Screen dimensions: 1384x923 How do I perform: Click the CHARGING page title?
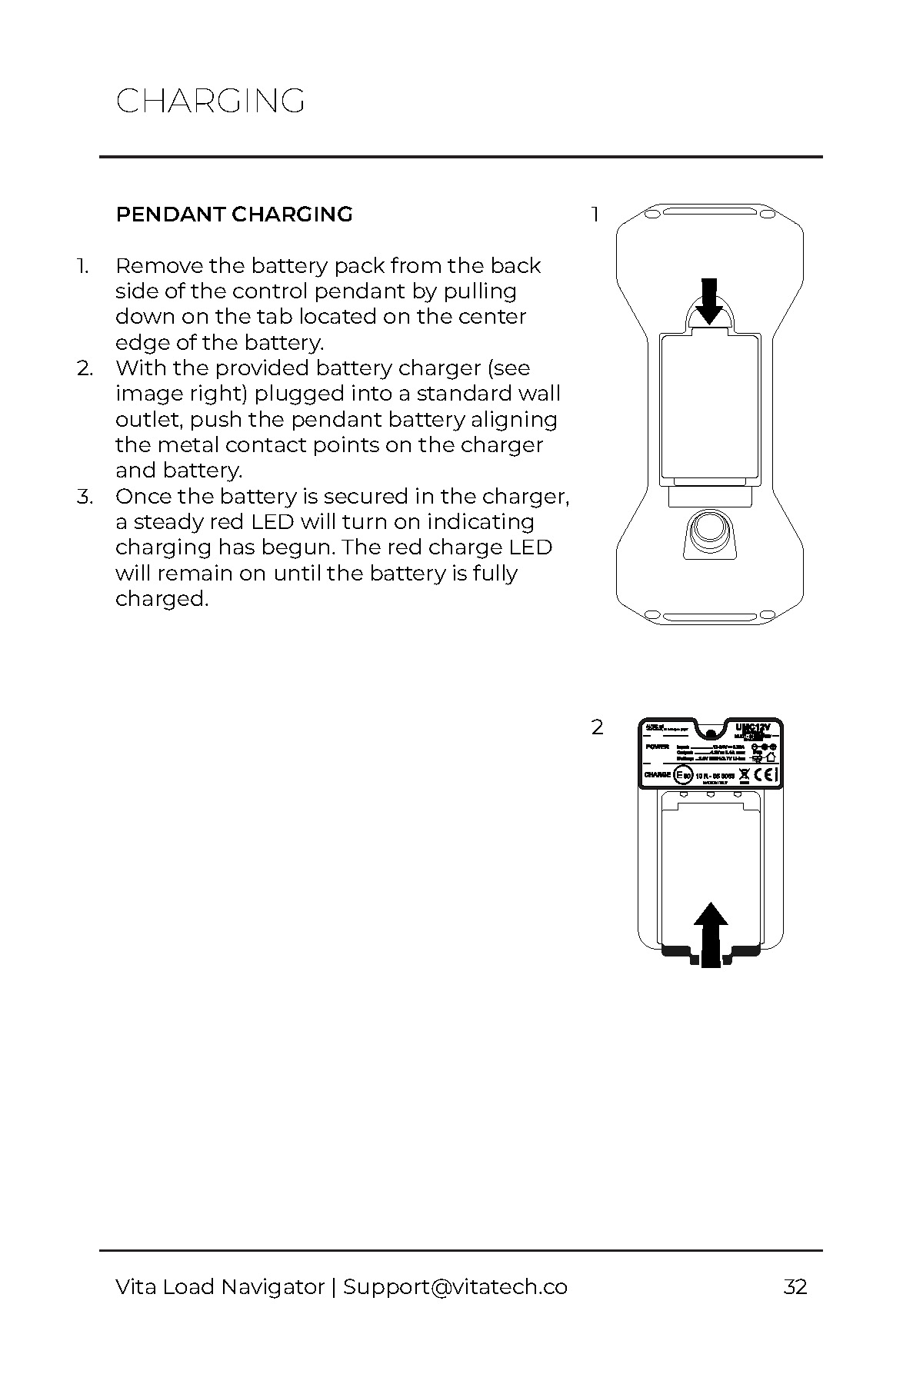click(210, 101)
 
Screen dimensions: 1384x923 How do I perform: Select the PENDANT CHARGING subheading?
click(234, 215)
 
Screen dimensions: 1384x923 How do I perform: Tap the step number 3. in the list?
click(85, 497)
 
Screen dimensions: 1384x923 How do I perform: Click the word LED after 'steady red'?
click(272, 522)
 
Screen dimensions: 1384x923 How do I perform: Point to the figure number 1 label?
click(595, 215)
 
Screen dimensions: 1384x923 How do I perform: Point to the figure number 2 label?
click(598, 727)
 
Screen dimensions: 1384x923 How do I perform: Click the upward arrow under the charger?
click(711, 933)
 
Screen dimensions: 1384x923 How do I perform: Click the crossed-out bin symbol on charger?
click(744, 774)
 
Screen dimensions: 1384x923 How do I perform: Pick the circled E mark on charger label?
click(683, 774)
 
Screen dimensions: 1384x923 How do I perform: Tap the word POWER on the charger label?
click(658, 747)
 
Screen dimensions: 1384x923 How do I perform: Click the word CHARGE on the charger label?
click(658, 774)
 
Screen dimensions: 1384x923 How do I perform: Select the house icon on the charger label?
click(771, 757)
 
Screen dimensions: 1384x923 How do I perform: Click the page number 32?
click(795, 1287)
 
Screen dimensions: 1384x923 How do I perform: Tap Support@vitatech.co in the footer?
click(455, 1287)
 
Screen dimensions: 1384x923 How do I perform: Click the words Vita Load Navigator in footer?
click(220, 1287)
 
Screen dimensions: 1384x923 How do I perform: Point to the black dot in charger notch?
click(711, 735)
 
